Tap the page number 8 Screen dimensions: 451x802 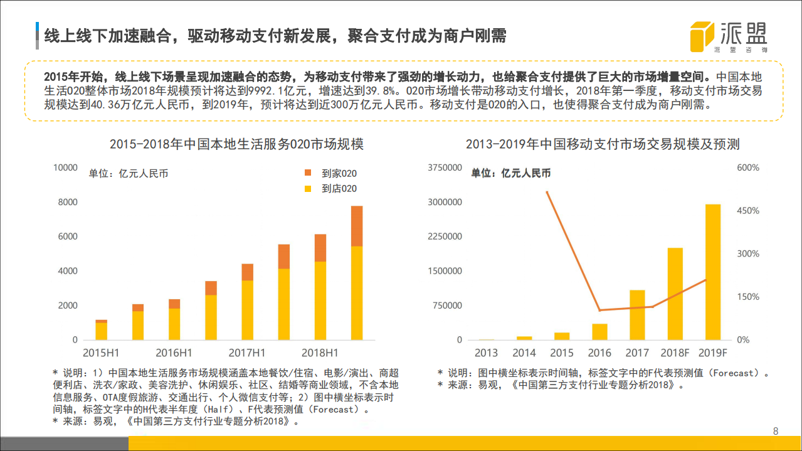pos(776,431)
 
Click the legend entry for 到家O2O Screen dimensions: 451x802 pos(330,173)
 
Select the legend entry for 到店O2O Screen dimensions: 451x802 pos(330,188)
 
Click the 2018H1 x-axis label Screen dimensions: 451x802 pos(319,352)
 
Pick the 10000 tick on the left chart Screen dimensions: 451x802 pos(66,167)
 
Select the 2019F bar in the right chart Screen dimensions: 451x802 pos(712,272)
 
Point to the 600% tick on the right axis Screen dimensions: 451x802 pos(748,167)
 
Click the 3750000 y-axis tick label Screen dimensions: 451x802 pos(445,167)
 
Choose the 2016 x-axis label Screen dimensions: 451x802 pos(599,353)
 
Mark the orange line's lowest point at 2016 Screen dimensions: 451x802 pos(599,310)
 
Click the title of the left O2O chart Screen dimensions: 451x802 pos(236,144)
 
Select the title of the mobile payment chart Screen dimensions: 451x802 pos(603,144)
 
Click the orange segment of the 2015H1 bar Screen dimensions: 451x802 pos(101,321)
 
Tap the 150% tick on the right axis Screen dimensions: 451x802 pos(748,297)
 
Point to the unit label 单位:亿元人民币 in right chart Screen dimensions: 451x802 pos(510,173)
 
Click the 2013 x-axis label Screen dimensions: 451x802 pos(486,353)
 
